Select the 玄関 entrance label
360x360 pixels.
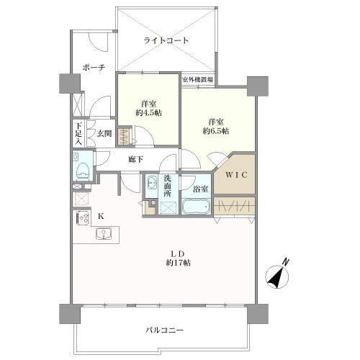tap(105, 133)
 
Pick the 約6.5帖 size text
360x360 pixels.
tap(215, 132)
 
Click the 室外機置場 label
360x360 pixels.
tap(196, 79)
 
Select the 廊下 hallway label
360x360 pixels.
tap(136, 159)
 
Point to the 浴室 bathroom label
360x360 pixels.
tap(201, 189)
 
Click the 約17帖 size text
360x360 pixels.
tap(179, 264)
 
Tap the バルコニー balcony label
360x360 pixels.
tap(165, 330)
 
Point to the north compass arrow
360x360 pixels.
tap(277, 274)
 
